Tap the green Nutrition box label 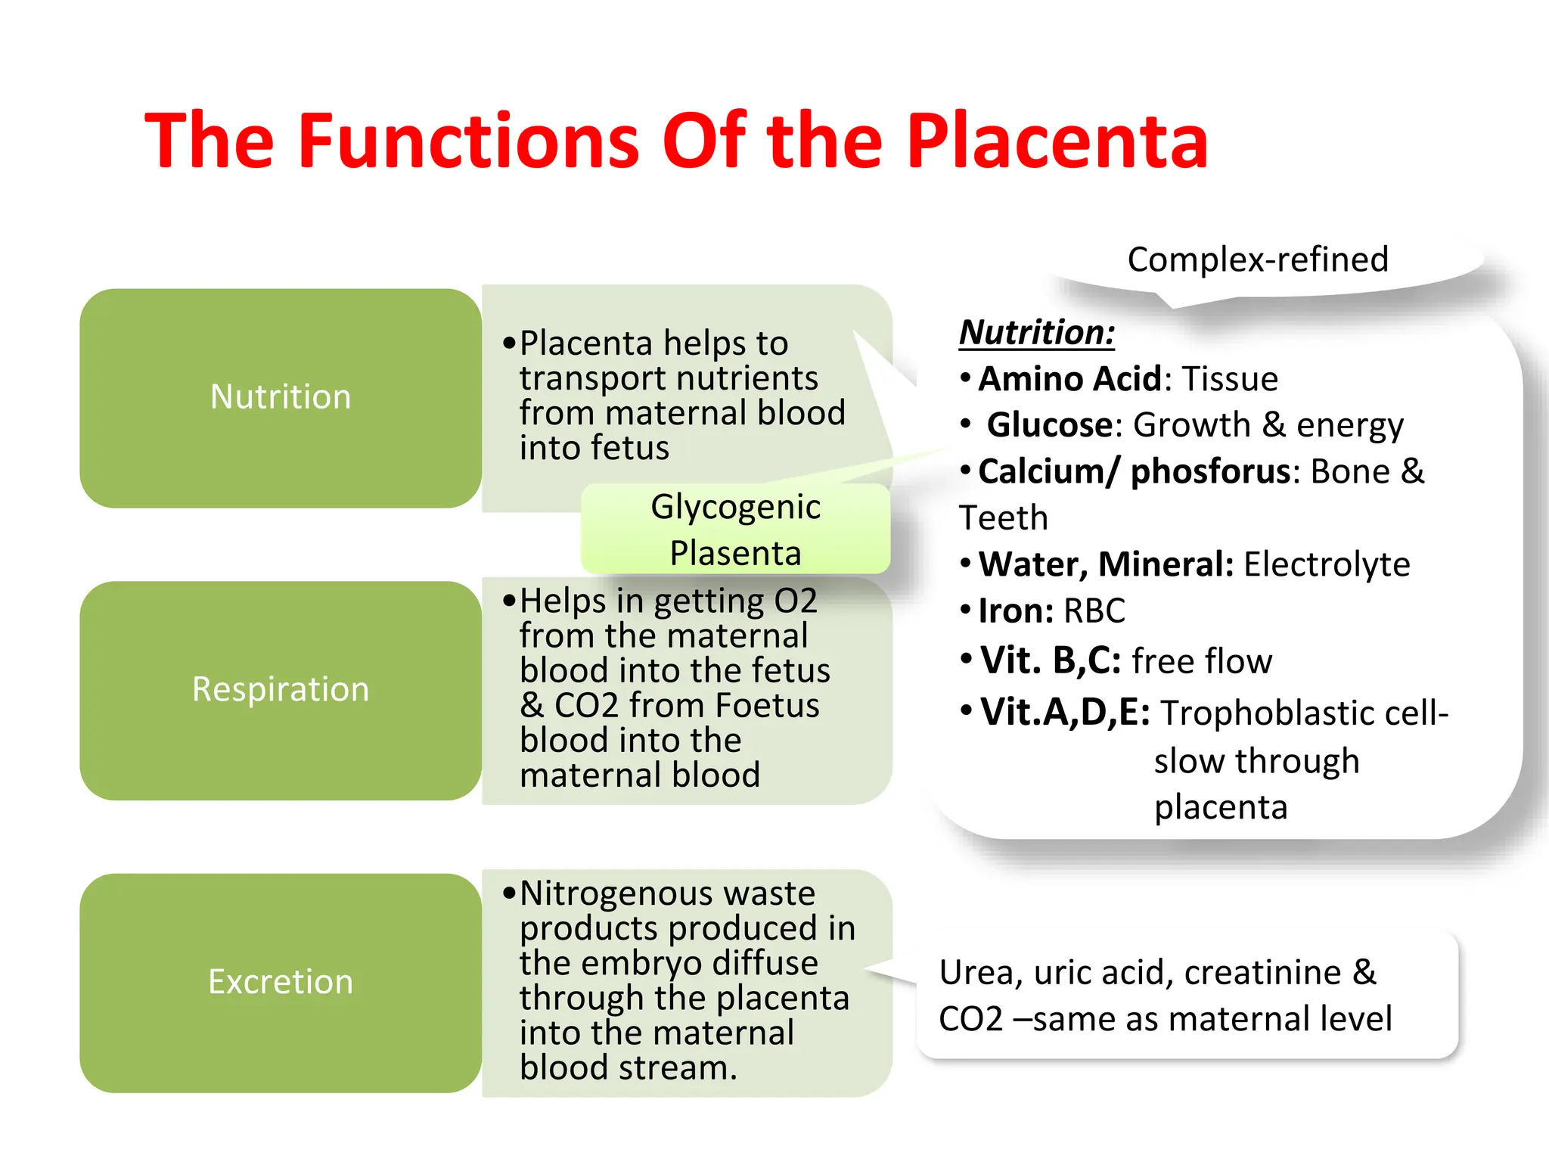tap(281, 397)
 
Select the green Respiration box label tap(281, 689)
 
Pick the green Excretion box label tap(281, 982)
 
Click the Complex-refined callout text tap(1257, 259)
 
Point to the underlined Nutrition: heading tap(1037, 333)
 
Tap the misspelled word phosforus tap(1210, 471)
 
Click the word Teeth tap(1003, 518)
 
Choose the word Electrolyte tap(1327, 564)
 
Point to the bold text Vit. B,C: tap(1051, 660)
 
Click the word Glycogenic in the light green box tap(735, 507)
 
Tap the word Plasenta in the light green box tap(735, 553)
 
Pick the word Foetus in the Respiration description tap(767, 705)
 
